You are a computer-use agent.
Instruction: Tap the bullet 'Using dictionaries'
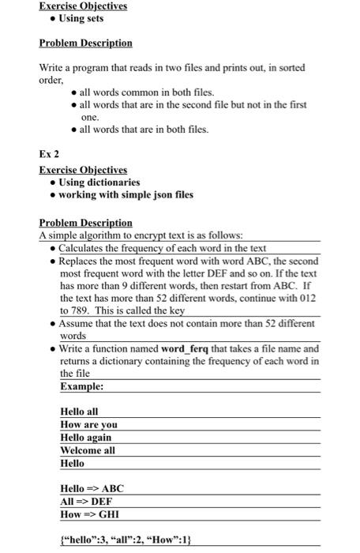pyautogui.click(x=99, y=182)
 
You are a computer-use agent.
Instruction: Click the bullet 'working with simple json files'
pyautogui.click(x=126, y=195)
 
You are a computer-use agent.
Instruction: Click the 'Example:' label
pyautogui.click(x=82, y=386)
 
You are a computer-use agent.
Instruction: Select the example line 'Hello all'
pyautogui.click(x=80, y=412)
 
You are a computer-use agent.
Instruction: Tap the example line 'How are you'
pyautogui.click(x=88, y=424)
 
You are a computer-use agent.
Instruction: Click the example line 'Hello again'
pyautogui.click(x=85, y=437)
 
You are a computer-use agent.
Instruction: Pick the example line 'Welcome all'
pyautogui.click(x=88, y=450)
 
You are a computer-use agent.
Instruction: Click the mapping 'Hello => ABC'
pyautogui.click(x=92, y=488)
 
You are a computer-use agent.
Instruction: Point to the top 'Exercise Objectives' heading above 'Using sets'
pyautogui.click(x=83, y=6)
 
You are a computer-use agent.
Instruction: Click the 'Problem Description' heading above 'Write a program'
pyautogui.click(x=85, y=43)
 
